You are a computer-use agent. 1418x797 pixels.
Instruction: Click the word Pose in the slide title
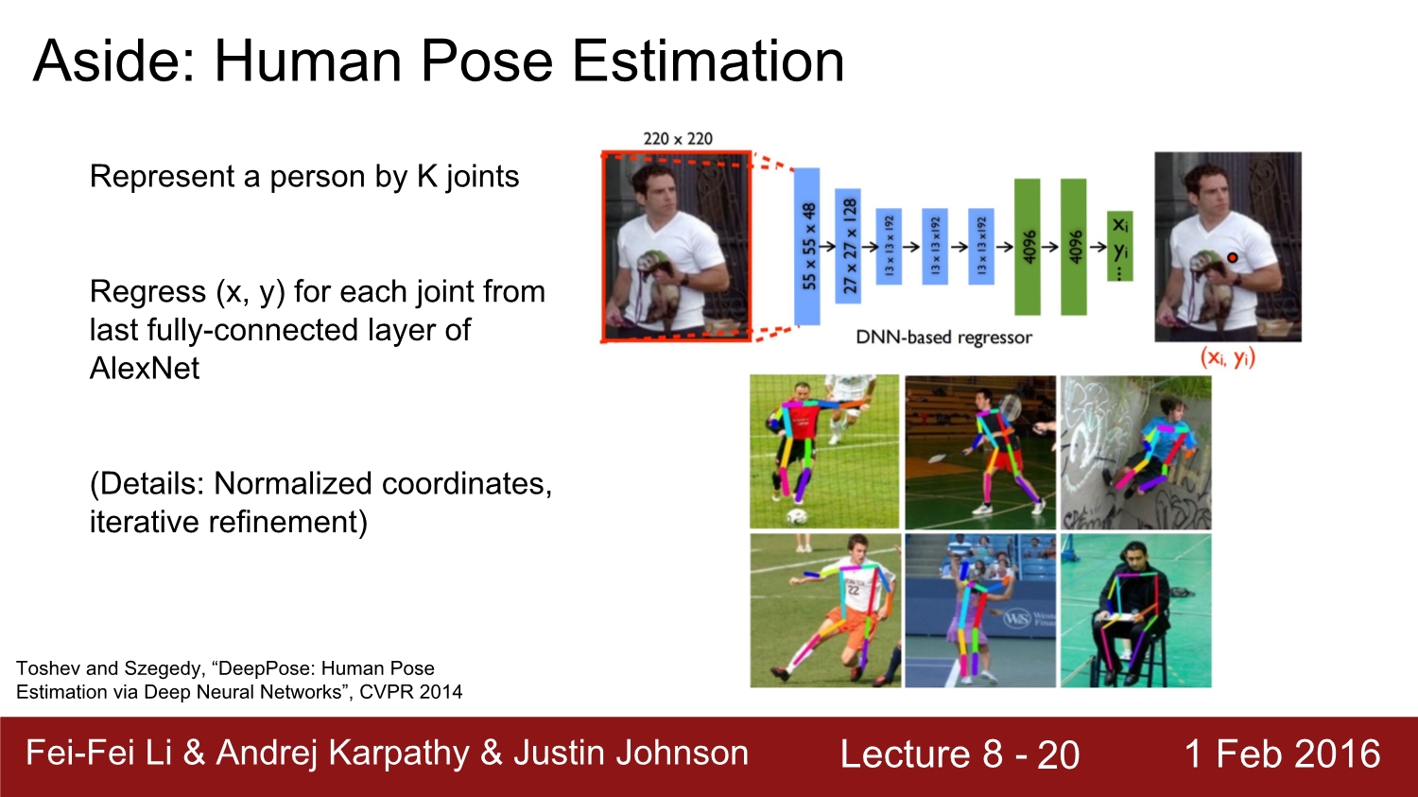click(487, 61)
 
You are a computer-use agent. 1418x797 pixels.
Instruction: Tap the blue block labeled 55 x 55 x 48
click(807, 246)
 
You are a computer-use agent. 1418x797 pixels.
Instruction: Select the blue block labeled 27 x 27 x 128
click(848, 246)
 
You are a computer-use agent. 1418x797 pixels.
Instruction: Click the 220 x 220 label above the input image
click(678, 139)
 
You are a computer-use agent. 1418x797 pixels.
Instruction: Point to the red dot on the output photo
click(1232, 258)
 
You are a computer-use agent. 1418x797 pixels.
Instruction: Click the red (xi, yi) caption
click(1227, 358)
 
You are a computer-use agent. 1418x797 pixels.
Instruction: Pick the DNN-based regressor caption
click(943, 338)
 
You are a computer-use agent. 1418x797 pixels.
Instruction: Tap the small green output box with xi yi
click(1120, 246)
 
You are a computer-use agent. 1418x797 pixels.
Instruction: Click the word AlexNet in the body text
click(145, 369)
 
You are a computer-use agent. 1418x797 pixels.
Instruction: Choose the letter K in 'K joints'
click(427, 177)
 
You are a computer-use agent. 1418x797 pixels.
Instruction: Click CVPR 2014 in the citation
click(411, 692)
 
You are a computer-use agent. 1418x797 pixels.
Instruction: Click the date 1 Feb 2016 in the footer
click(1282, 754)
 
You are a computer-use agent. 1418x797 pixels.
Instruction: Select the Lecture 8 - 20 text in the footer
click(960, 754)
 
